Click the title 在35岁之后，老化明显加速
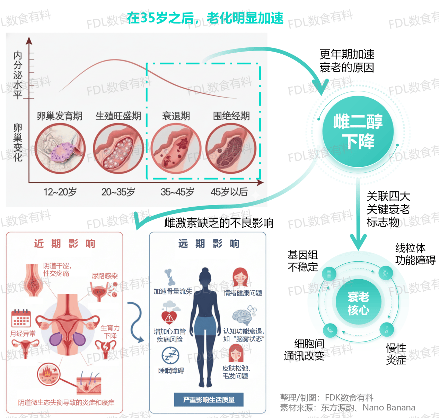(205, 18)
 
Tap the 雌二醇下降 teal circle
(358, 131)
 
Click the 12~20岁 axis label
(60, 192)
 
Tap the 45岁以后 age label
(229, 192)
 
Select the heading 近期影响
(64, 244)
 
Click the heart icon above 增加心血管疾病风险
(169, 317)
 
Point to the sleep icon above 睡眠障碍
(170, 355)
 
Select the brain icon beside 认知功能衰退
(243, 316)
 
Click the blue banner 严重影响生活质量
(209, 400)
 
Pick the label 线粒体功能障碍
(415, 254)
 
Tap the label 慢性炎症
(396, 354)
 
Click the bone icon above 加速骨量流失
(169, 277)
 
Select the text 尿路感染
(105, 276)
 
